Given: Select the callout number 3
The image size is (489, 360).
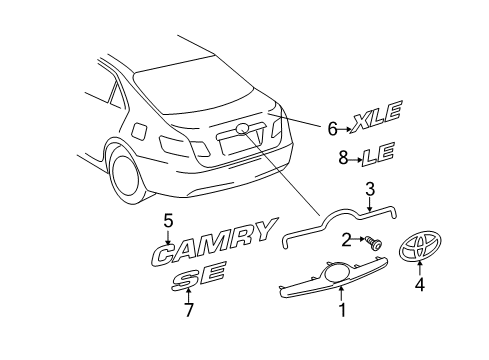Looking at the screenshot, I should click(369, 215).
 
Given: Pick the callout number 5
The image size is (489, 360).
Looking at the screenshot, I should click(169, 221).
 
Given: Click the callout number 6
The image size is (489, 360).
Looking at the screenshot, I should click(333, 128).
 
